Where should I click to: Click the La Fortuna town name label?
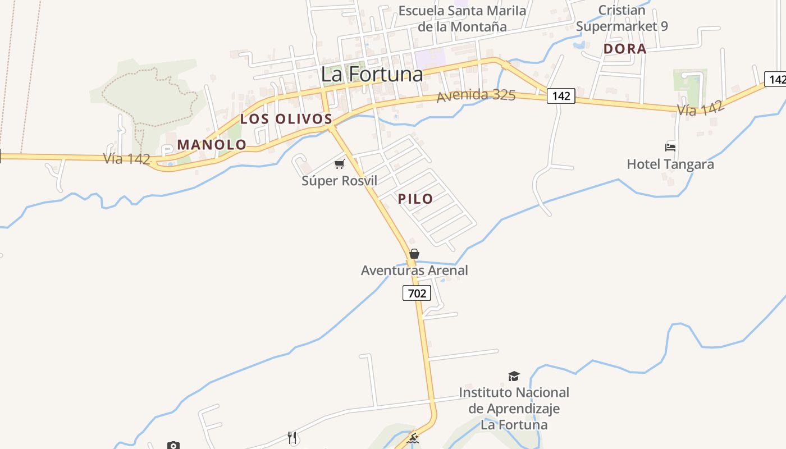(x=372, y=74)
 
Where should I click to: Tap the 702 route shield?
(x=417, y=293)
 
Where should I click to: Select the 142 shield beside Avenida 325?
(x=561, y=96)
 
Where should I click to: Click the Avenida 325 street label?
(x=476, y=95)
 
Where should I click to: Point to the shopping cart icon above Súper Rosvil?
(x=339, y=164)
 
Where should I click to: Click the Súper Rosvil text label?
(x=339, y=181)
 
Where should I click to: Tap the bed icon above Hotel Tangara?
(x=670, y=148)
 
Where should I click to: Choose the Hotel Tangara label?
(x=670, y=164)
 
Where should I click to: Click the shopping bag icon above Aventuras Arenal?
(x=414, y=254)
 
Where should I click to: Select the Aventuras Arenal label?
(x=414, y=271)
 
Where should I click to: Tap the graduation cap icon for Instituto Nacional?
(x=514, y=376)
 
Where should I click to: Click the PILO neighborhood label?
(x=415, y=199)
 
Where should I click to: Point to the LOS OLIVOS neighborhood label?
(x=286, y=119)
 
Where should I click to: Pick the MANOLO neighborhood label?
(x=212, y=145)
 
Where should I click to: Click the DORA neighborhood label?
(x=625, y=49)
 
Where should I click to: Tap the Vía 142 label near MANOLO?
(x=127, y=159)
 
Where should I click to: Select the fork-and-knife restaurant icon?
(x=292, y=438)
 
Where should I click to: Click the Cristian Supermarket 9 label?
(x=622, y=18)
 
